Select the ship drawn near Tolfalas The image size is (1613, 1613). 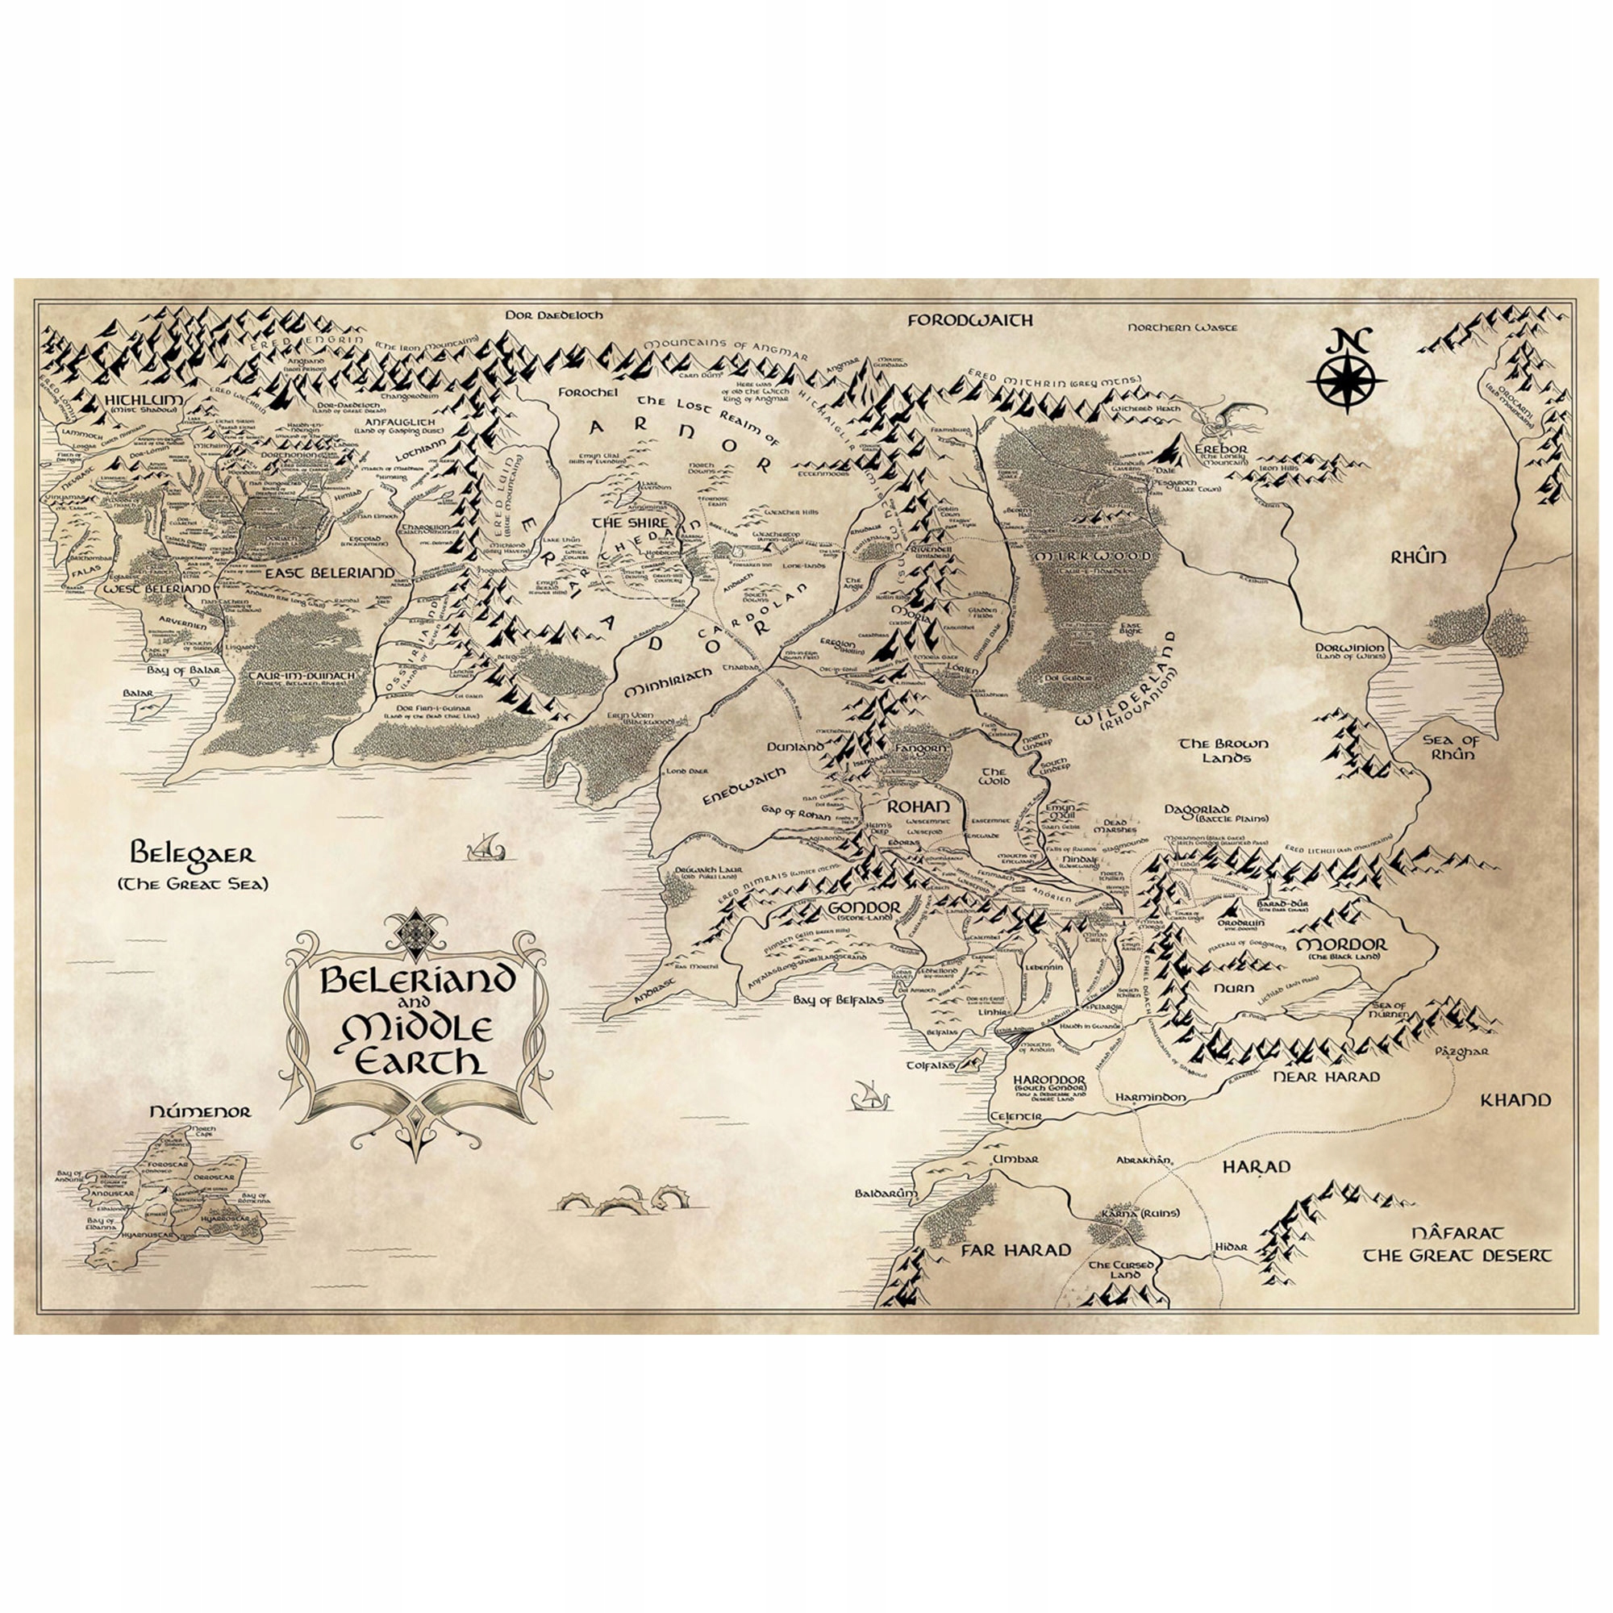865,1095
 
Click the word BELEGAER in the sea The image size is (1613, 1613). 193,854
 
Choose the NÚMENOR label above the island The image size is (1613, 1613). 199,1111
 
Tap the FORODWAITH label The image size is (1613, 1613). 970,319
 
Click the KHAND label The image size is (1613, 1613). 1515,1099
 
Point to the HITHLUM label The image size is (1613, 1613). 143,400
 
